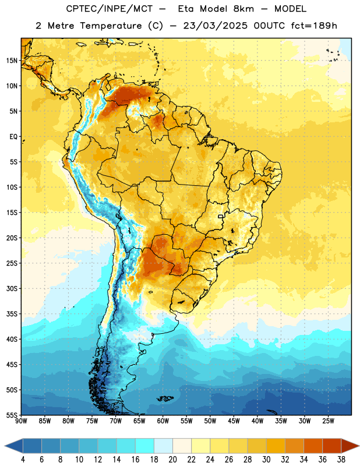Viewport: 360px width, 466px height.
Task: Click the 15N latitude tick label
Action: [12, 61]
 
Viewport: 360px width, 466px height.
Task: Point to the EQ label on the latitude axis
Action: [13, 137]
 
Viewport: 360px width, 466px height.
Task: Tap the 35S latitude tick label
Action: [12, 314]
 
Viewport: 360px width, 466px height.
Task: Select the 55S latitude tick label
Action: [12, 415]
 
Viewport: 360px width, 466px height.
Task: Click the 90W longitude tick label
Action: [21, 421]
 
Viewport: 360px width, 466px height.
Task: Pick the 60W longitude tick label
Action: [163, 421]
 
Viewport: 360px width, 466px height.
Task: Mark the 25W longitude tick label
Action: [328, 421]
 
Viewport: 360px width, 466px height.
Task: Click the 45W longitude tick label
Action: [234, 421]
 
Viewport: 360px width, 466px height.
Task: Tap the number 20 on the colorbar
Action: [172, 460]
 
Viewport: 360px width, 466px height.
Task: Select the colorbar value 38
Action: [341, 460]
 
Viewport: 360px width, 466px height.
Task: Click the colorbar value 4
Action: [23, 460]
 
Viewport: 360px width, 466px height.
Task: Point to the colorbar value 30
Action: [266, 460]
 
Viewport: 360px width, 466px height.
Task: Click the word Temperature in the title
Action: [111, 26]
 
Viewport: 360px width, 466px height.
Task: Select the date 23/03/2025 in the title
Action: [215, 26]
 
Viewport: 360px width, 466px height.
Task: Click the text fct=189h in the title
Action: [314, 26]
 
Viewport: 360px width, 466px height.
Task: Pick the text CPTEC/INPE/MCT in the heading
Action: [109, 9]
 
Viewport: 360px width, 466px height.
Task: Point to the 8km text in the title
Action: [243, 9]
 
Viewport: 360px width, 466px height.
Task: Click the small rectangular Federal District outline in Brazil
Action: [221, 216]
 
